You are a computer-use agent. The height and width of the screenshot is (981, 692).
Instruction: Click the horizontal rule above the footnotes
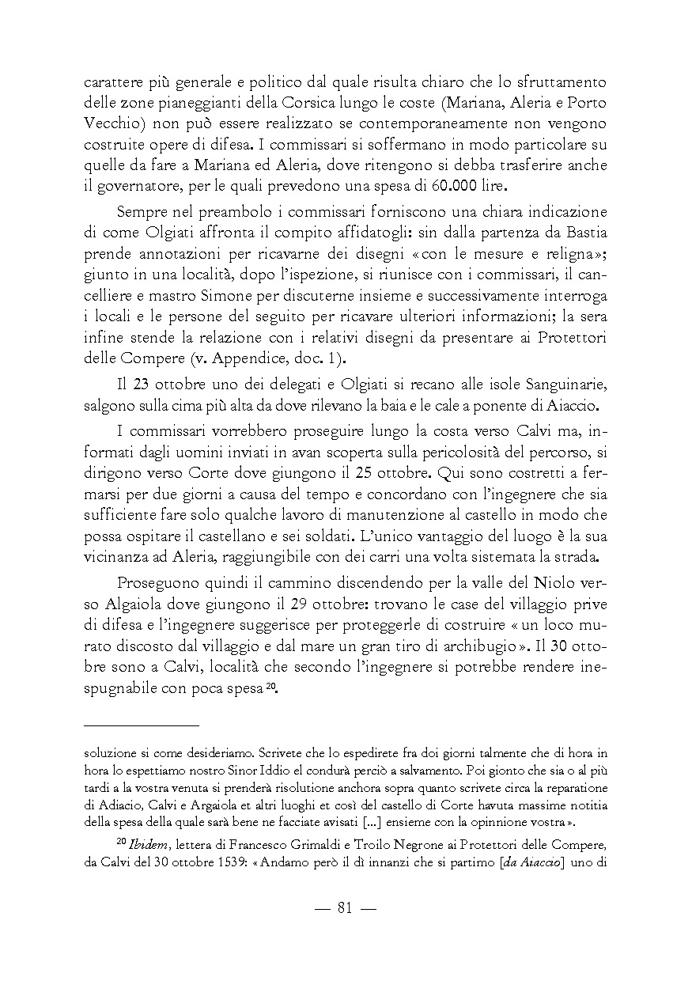point(142,725)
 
